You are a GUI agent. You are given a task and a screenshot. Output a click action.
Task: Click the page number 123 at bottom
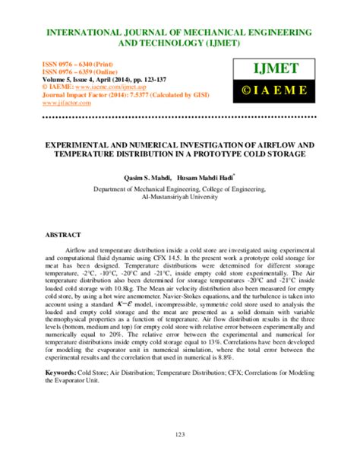(180, 434)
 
